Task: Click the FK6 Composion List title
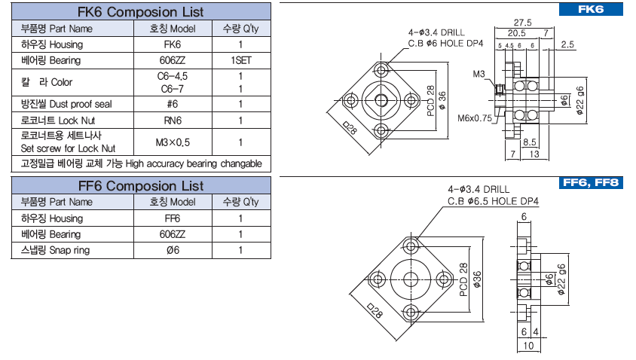click(141, 13)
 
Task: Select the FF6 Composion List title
click(141, 185)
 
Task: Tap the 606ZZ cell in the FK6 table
click(173, 60)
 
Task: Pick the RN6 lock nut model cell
click(173, 121)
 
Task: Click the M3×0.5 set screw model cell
click(173, 142)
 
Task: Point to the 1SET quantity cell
click(240, 60)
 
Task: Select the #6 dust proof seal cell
click(173, 105)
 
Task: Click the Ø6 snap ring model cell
click(173, 250)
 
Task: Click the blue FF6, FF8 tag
click(592, 183)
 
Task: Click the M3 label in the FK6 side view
click(479, 75)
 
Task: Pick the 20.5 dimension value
click(516, 33)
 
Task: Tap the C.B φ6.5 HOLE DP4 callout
click(494, 201)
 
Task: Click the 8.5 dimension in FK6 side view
click(529, 142)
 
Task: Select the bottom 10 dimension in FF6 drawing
click(527, 346)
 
